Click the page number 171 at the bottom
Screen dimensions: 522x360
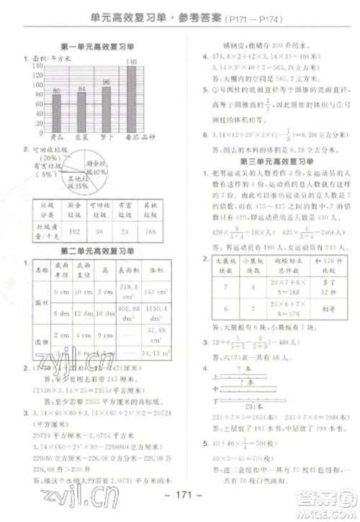179,495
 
